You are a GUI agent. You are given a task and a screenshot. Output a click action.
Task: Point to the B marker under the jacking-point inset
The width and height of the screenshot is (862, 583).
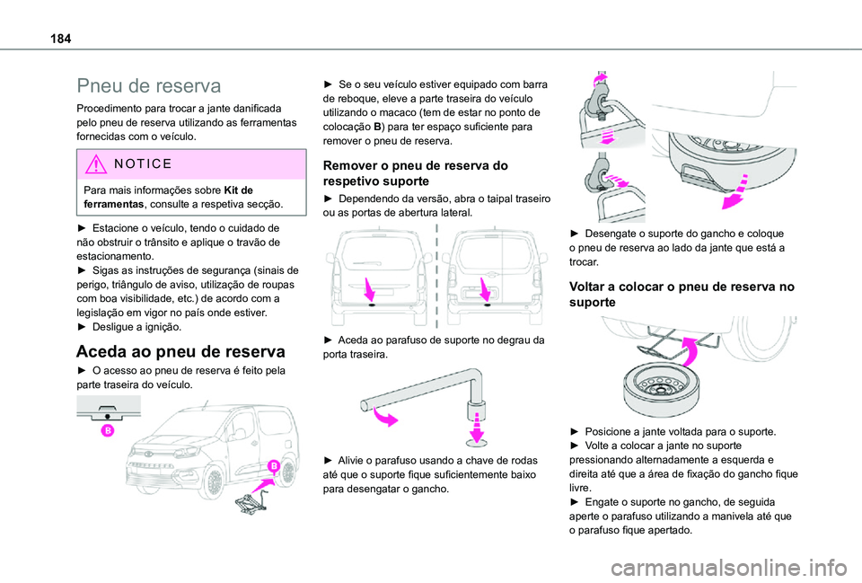tap(106, 430)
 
